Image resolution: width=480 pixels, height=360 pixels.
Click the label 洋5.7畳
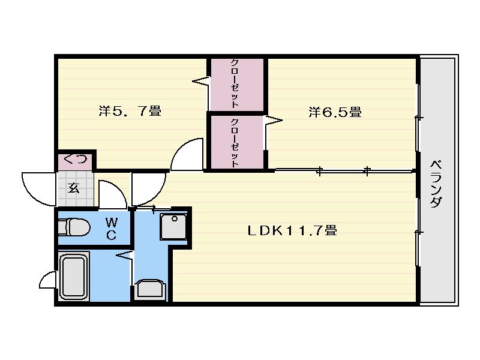[x=130, y=111]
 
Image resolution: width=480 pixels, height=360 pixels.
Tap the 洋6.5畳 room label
[x=335, y=112]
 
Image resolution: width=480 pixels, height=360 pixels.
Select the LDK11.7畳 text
[x=292, y=230]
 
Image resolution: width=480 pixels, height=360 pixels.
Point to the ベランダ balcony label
[x=436, y=184]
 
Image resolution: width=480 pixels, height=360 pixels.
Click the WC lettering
[x=111, y=228]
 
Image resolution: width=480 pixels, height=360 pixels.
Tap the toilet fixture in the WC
[x=74, y=227]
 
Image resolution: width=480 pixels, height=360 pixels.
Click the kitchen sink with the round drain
[x=173, y=226]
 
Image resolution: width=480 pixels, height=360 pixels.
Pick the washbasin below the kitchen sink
[x=150, y=289]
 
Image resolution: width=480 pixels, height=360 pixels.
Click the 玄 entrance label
[x=73, y=188]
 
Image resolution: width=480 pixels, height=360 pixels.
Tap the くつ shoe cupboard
[x=76, y=160]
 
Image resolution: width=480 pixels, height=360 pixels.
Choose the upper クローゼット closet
[x=236, y=85]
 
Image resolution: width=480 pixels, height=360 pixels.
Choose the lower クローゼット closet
[x=236, y=142]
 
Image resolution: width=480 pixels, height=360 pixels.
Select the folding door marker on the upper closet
[x=201, y=81]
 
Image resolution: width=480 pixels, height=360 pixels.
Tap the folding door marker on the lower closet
[x=273, y=121]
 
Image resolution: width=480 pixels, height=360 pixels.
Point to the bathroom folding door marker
[x=125, y=254]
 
